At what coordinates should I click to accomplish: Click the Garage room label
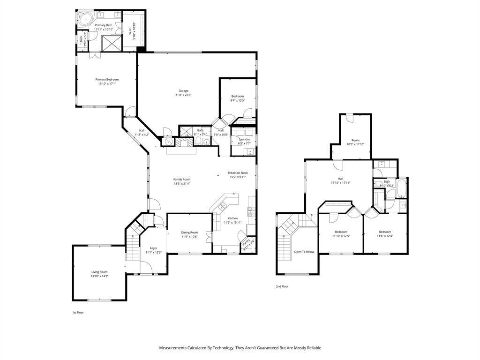[x=183, y=90]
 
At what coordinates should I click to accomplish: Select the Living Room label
[x=99, y=272]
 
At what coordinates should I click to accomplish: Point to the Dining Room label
[x=190, y=232]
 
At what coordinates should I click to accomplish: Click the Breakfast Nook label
[x=237, y=172]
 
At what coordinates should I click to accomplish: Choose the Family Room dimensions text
[x=181, y=184]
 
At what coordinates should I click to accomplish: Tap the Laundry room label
[x=244, y=139]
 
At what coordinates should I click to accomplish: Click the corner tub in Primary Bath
[x=85, y=20]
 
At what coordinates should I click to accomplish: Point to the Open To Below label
[x=304, y=252]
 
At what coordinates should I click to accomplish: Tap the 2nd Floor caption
[x=282, y=286]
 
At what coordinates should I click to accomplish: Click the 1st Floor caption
[x=77, y=312]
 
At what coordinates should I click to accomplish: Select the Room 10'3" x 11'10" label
[x=355, y=140]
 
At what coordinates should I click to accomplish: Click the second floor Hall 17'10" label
[x=340, y=179]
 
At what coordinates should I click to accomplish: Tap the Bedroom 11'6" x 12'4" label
[x=385, y=232]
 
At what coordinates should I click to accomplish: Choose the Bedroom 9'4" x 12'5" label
[x=237, y=96]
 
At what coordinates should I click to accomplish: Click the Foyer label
[x=153, y=248]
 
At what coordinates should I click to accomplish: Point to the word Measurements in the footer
[x=173, y=348]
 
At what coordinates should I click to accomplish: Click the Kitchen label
[x=233, y=218]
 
